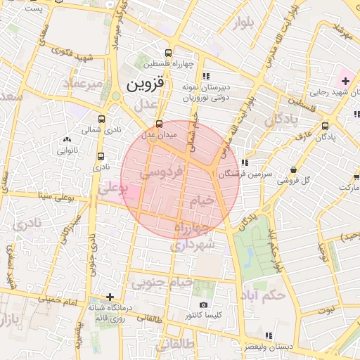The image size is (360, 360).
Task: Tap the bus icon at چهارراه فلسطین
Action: coord(167,53)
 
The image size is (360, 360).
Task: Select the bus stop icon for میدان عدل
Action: coord(159,124)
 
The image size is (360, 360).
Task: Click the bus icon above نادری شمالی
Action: coord(102,119)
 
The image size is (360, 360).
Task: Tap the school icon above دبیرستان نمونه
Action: coord(205,76)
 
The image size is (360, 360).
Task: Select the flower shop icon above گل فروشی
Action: coord(292,169)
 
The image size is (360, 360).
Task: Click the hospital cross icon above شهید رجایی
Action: coord(345,82)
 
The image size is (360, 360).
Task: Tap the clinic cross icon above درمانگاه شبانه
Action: coord(109,297)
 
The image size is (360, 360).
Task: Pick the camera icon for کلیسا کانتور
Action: coord(203,305)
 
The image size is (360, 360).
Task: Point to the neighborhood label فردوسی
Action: coord(161,171)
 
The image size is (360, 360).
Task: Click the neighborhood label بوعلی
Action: coord(112,189)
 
